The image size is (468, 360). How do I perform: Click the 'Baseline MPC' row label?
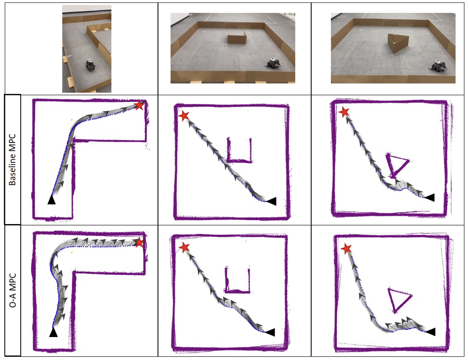pos(12,160)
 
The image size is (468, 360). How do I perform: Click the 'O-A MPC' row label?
pos(13,290)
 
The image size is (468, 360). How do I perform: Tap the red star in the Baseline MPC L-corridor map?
pos(139,105)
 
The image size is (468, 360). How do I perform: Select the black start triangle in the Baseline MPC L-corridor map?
pos(51,199)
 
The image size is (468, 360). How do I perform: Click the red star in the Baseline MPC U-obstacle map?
pos(184,116)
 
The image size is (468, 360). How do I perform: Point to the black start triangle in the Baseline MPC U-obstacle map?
pos(271,201)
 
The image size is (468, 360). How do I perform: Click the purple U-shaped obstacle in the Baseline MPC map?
pos(239,161)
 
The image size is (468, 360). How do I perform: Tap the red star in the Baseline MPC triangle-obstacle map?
pos(344,112)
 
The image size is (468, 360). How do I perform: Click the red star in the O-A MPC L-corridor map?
pos(139,242)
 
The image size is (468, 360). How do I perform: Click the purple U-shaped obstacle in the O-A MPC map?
pos(237,291)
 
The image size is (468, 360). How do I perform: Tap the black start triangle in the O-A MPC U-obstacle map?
pos(270,332)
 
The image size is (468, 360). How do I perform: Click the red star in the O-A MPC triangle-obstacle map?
pos(346,249)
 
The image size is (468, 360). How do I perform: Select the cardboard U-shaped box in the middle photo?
pos(237,37)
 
